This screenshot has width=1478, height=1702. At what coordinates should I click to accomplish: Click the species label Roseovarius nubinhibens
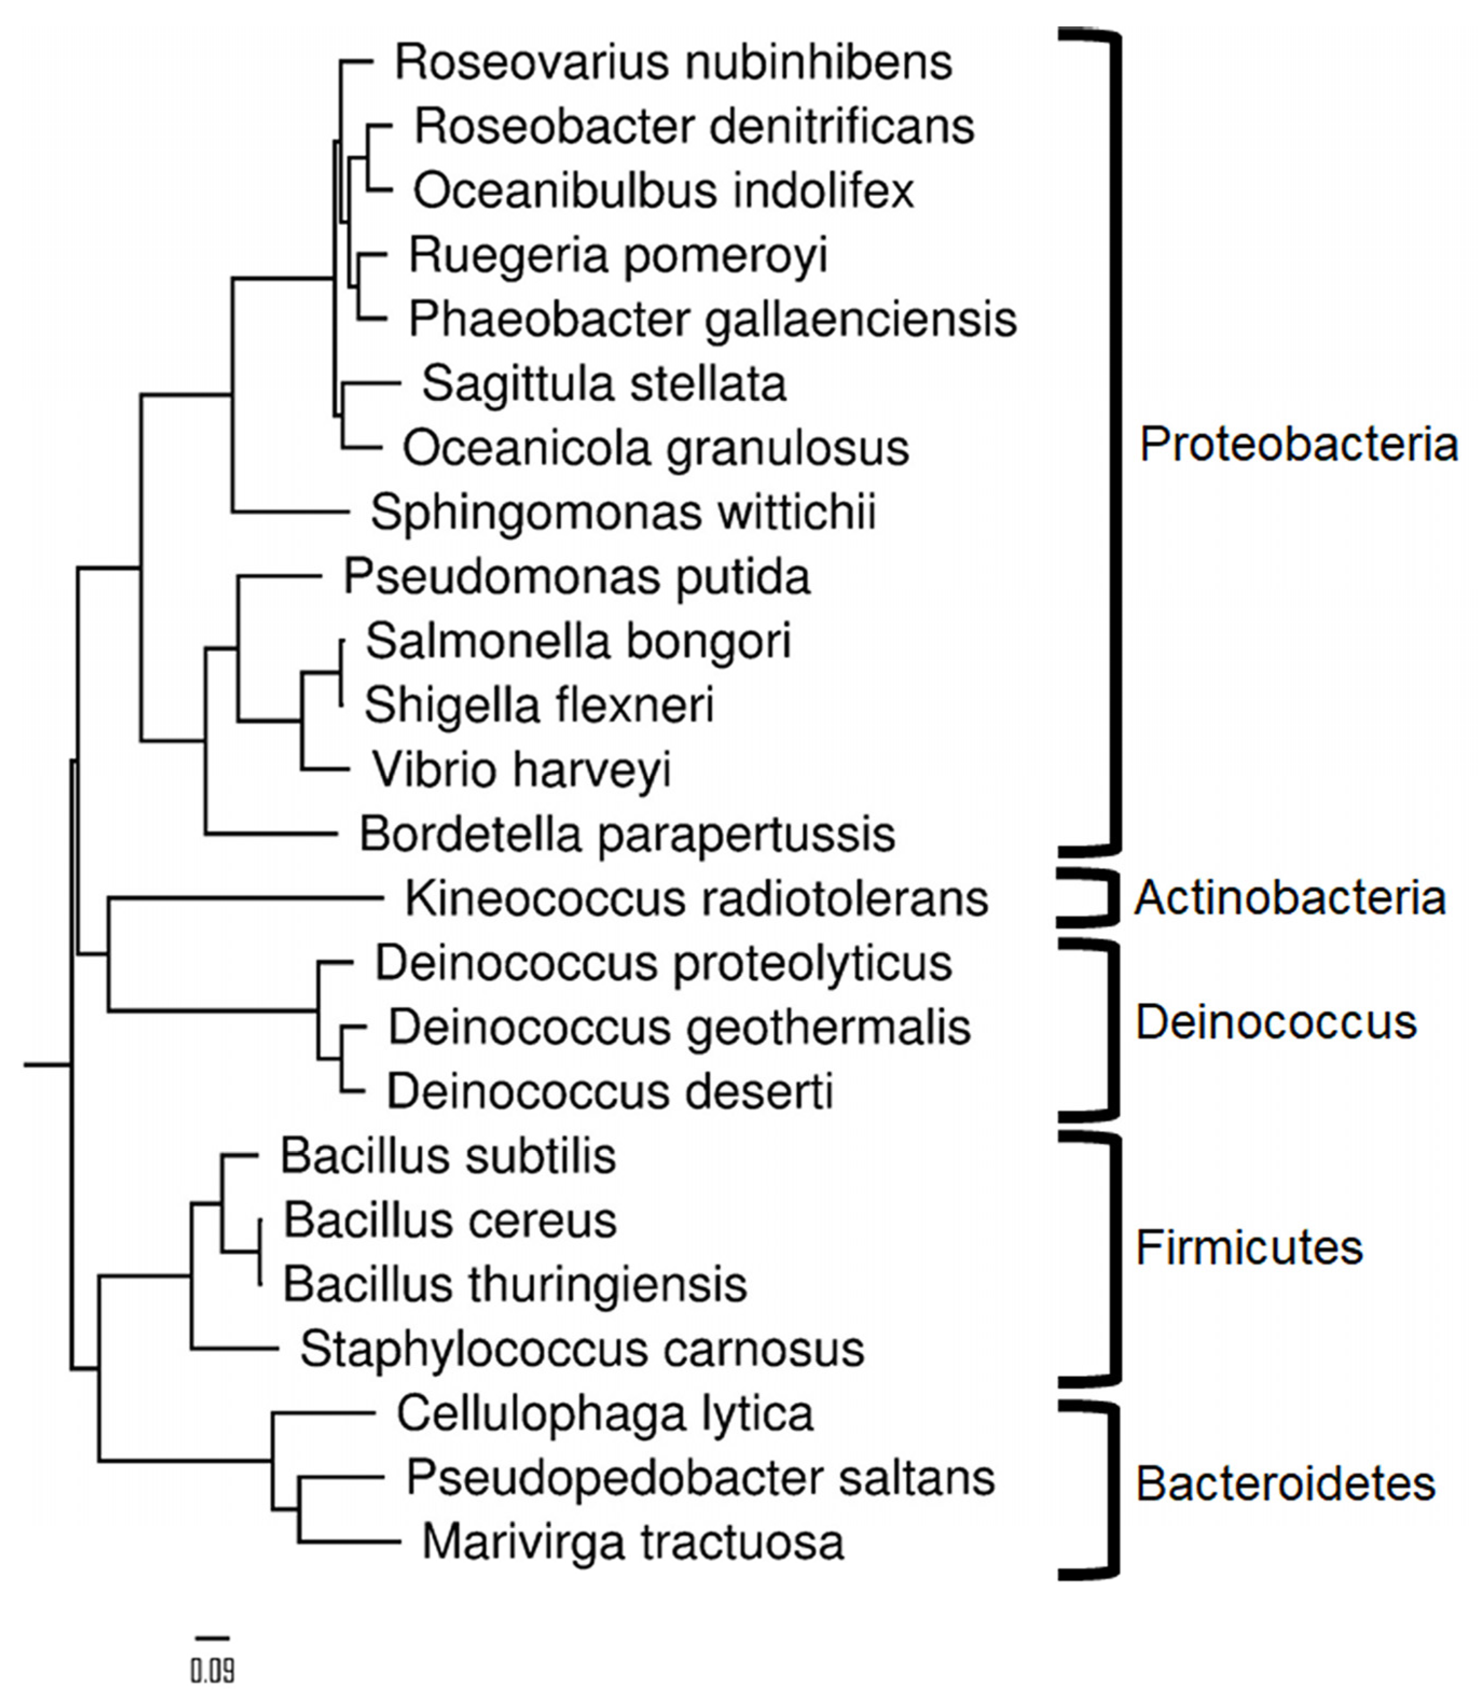pyautogui.click(x=673, y=63)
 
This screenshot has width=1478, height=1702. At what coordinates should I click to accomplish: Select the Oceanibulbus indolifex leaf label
pyautogui.click(x=664, y=192)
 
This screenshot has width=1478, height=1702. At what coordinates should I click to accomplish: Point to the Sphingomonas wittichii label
pyautogui.click(x=623, y=513)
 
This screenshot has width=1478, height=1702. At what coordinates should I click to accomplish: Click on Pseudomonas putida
pyautogui.click(x=576, y=578)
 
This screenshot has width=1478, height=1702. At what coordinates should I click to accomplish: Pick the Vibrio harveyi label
pyautogui.click(x=521, y=770)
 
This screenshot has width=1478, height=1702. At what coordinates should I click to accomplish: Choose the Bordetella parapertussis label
pyautogui.click(x=627, y=835)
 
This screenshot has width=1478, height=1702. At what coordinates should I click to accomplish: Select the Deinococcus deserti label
pyautogui.click(x=609, y=1092)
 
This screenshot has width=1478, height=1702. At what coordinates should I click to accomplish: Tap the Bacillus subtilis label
pyautogui.click(x=448, y=1157)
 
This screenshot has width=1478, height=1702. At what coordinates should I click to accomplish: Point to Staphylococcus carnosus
pyautogui.click(x=581, y=1350)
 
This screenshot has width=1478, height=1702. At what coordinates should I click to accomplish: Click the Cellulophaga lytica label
pyautogui.click(x=604, y=1414)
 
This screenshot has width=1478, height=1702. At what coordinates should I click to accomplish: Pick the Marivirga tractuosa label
pyautogui.click(x=633, y=1543)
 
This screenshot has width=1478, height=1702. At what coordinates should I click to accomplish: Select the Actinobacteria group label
pyautogui.click(x=1290, y=898)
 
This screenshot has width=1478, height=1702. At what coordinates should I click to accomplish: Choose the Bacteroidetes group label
pyautogui.click(x=1285, y=1484)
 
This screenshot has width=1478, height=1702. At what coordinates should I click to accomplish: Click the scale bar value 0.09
pyautogui.click(x=213, y=1671)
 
